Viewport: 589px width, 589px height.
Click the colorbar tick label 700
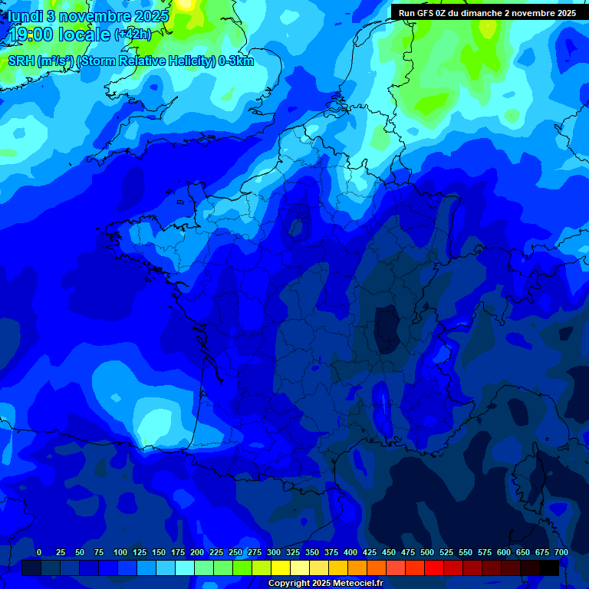click(x=561, y=552)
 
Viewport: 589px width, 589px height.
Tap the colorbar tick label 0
click(x=39, y=552)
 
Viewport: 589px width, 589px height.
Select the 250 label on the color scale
click(x=235, y=552)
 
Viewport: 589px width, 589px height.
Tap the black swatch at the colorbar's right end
click(x=549, y=568)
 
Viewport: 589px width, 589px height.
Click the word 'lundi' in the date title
click(x=26, y=16)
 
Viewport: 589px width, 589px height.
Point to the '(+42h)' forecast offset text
click(x=132, y=35)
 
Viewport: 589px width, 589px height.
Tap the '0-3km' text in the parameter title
click(x=236, y=61)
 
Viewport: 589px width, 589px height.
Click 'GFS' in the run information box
click(x=428, y=12)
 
